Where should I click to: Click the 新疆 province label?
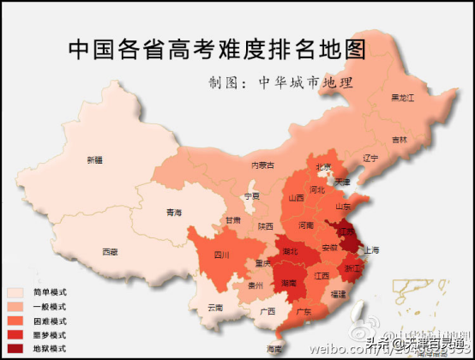[94, 159]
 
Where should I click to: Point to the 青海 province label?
[174, 212]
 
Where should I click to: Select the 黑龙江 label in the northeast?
[402, 97]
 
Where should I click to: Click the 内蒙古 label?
[262, 165]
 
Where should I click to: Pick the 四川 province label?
[222, 255]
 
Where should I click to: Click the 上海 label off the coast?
[371, 249]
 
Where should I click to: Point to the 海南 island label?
[274, 349]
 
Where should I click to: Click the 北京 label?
[323, 167]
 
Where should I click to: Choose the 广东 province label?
[304, 312]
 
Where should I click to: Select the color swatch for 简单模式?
[15, 292]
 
